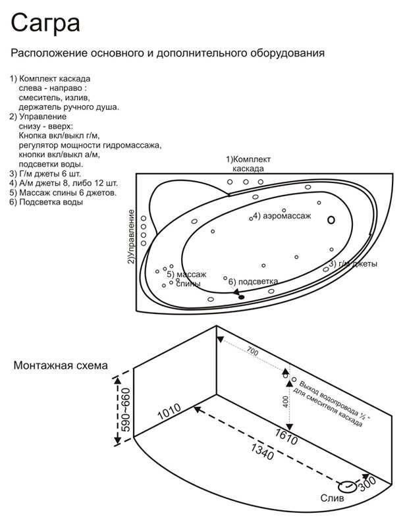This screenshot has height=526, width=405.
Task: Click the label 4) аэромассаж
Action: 283,216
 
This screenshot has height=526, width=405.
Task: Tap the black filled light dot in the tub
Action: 241,298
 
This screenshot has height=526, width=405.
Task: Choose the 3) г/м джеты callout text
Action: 353,264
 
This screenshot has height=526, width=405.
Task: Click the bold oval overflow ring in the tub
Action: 331,221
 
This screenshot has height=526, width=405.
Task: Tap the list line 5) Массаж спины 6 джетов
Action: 63,193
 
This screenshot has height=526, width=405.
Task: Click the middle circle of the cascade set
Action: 246,182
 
